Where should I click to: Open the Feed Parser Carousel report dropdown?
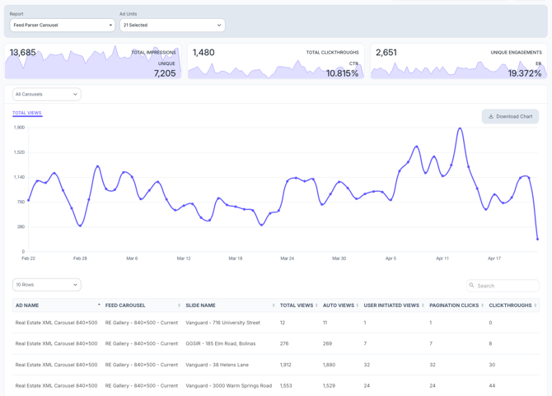pos(63,26)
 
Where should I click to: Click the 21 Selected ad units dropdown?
pos(171,26)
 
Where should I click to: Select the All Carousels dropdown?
pos(47,95)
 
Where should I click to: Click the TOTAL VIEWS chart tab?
pos(27,113)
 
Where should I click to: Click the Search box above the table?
pos(504,286)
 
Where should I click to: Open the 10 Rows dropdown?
pos(47,285)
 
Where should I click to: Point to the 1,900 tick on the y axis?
pos(19,128)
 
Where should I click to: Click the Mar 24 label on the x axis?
pos(287,259)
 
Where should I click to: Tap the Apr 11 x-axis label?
pos(442,259)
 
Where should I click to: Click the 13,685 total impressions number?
pos(23,53)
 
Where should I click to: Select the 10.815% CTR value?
pos(342,73)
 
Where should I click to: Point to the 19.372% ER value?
pos(525,73)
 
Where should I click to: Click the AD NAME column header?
pos(27,305)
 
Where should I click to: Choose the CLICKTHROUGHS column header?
pos(510,305)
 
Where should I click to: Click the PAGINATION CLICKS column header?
pos(455,305)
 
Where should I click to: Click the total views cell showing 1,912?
pos(286,365)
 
